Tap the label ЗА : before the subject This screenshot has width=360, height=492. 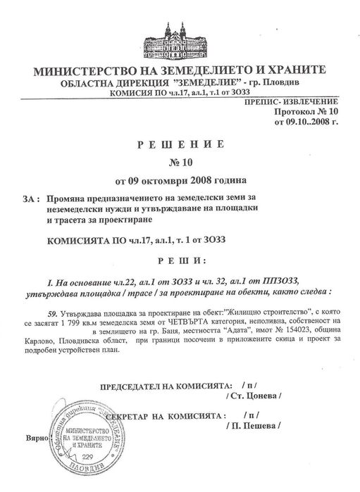click(30, 199)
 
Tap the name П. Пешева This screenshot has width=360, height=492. click(254, 427)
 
